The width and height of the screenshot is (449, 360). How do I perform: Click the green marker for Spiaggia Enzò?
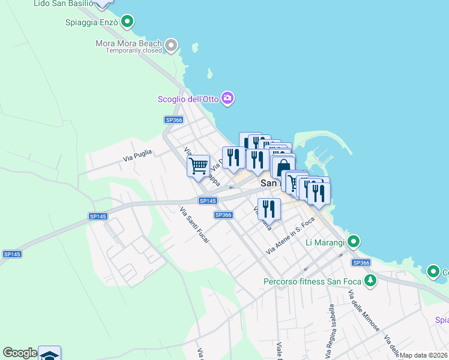(x=127, y=23)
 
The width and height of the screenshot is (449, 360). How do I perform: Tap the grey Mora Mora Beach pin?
(x=172, y=44)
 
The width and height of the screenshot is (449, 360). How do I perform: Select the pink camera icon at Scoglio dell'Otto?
(x=227, y=98)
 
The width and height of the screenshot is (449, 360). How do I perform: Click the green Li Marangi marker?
(x=354, y=242)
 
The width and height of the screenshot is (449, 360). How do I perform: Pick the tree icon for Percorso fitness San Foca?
(x=371, y=280)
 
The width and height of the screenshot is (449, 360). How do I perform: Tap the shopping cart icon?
(x=198, y=165)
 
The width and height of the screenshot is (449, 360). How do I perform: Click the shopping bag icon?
(x=284, y=167)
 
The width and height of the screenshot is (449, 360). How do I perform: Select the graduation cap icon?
(x=49, y=354)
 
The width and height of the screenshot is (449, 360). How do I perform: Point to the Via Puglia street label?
(x=137, y=158)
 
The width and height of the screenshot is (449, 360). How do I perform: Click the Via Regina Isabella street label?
(x=331, y=326)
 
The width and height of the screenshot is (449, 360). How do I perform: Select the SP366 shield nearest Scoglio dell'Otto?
(x=173, y=120)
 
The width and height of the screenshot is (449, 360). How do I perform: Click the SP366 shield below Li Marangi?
(x=361, y=263)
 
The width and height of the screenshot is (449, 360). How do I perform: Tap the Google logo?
(x=20, y=353)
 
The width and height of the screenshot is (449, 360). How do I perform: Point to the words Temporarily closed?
(x=134, y=51)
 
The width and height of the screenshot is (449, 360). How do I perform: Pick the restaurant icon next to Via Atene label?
(x=269, y=209)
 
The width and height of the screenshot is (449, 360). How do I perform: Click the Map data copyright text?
(x=423, y=355)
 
